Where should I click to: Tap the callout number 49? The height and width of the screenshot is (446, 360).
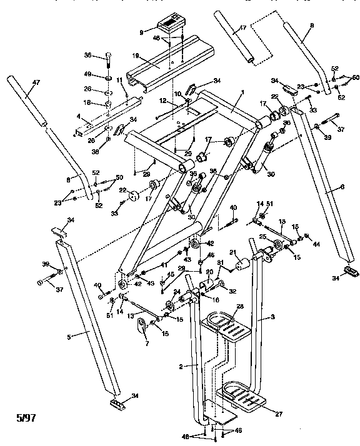89,74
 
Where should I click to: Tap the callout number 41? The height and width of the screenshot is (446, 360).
163,265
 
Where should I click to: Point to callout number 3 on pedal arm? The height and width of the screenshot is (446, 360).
272,317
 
